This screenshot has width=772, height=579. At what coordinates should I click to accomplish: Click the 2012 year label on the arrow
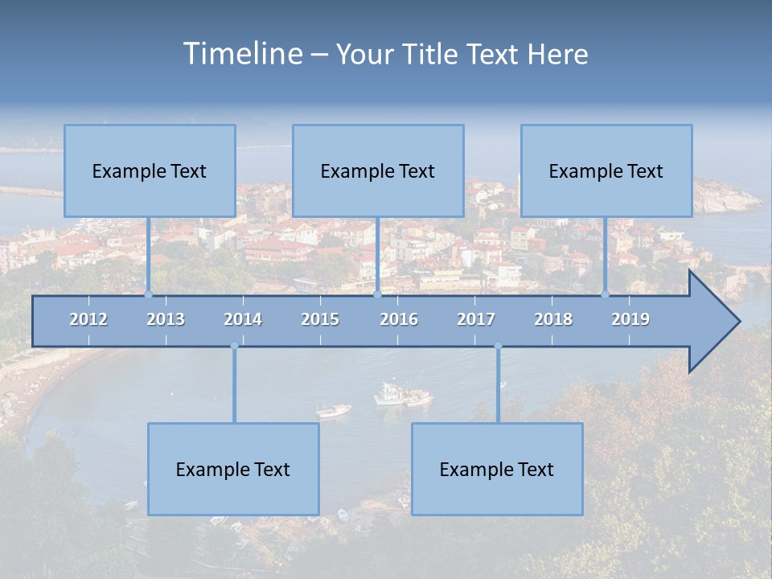[88, 319]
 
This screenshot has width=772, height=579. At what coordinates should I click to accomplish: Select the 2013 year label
[166, 319]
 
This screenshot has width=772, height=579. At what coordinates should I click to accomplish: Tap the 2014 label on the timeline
[243, 319]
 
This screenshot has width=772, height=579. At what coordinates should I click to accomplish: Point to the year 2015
[320, 319]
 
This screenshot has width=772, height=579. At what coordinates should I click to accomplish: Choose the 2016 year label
[399, 319]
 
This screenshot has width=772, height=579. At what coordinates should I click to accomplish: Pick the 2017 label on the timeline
[476, 319]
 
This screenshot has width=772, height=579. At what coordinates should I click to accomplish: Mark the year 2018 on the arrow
[553, 319]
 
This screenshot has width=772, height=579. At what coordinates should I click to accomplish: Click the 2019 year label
[630, 319]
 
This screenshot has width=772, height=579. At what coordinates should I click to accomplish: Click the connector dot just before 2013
[148, 294]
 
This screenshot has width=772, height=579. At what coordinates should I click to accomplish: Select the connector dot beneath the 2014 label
[234, 347]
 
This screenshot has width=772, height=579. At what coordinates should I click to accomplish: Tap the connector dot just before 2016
[377, 294]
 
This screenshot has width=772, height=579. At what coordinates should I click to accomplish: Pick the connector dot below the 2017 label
[498, 347]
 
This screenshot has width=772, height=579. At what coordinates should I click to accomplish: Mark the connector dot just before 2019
[605, 294]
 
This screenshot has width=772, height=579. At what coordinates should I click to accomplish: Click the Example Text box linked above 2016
[378, 170]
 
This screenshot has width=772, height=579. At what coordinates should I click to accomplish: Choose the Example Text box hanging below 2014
[233, 469]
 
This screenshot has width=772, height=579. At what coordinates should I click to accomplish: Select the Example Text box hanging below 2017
[497, 469]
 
